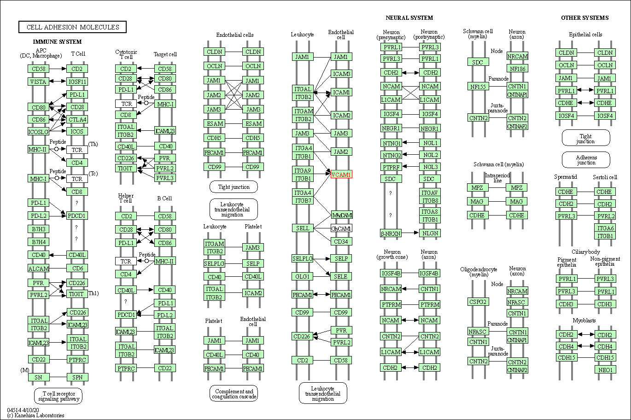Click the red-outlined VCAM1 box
[x=341, y=175]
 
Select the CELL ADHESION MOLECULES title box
[x=72, y=27]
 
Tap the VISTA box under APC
[x=38, y=82]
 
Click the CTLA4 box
[x=77, y=119]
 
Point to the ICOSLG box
[x=38, y=132]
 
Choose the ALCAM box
[x=38, y=268]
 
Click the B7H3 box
[x=38, y=229]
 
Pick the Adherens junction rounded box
[x=586, y=160]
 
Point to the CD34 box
[x=341, y=241]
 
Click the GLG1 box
[x=303, y=276]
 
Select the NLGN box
[x=430, y=233]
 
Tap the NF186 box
[x=517, y=69]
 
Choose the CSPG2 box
[x=478, y=302]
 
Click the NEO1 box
[x=605, y=369]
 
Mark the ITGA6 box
[x=605, y=228]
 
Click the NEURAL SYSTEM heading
[x=409, y=18]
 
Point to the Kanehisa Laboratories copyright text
[x=36, y=415]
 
